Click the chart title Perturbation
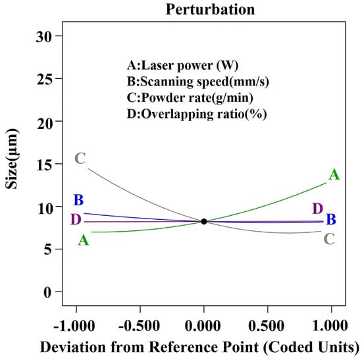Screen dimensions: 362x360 (x=210, y=10)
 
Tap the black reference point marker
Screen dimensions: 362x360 (x=204, y=221)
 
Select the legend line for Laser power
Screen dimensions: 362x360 (x=182, y=65)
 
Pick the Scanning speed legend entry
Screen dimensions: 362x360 (x=198, y=82)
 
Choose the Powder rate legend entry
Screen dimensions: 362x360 (x=190, y=97)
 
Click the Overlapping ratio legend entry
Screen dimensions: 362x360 (x=197, y=114)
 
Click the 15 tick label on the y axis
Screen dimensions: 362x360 (x=44, y=165)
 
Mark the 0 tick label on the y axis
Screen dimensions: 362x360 (x=48, y=292)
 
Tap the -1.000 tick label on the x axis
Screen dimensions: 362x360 (x=74, y=326)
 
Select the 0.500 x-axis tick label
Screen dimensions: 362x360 (x=266, y=326)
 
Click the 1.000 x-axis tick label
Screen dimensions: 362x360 (x=330, y=326)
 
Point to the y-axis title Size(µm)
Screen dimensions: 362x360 (x=12, y=159)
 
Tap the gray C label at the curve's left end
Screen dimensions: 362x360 (x=80, y=159)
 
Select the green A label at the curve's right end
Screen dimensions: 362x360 (x=334, y=174)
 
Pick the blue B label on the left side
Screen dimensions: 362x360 (x=78, y=200)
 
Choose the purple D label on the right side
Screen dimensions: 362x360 (x=318, y=209)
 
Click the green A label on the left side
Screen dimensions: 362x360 (x=84, y=240)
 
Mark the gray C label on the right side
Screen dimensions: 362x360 (x=329, y=239)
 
